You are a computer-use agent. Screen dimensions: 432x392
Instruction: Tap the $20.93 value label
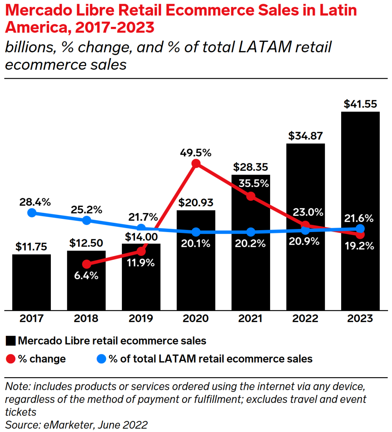196,203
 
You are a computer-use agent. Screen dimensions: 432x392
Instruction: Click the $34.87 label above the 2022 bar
305,136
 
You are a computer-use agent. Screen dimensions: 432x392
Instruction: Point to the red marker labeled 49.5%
196,163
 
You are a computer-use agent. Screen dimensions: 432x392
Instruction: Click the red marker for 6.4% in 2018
86,264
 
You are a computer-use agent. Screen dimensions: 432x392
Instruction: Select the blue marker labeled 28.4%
32,212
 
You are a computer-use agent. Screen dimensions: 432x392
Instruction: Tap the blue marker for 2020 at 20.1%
196,232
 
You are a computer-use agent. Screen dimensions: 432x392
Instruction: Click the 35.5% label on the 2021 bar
254,183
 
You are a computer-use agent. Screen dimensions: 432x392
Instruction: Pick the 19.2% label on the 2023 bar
359,246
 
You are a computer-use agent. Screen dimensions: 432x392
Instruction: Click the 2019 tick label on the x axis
141,318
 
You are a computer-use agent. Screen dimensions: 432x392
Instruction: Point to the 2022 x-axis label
305,318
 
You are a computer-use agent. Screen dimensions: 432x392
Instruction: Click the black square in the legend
11,341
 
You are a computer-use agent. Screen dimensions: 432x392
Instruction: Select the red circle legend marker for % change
11,359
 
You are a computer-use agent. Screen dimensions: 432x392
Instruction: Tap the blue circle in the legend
101,359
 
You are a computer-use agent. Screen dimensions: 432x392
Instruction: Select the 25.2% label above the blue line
86,210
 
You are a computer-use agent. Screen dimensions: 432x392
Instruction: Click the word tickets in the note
21,412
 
